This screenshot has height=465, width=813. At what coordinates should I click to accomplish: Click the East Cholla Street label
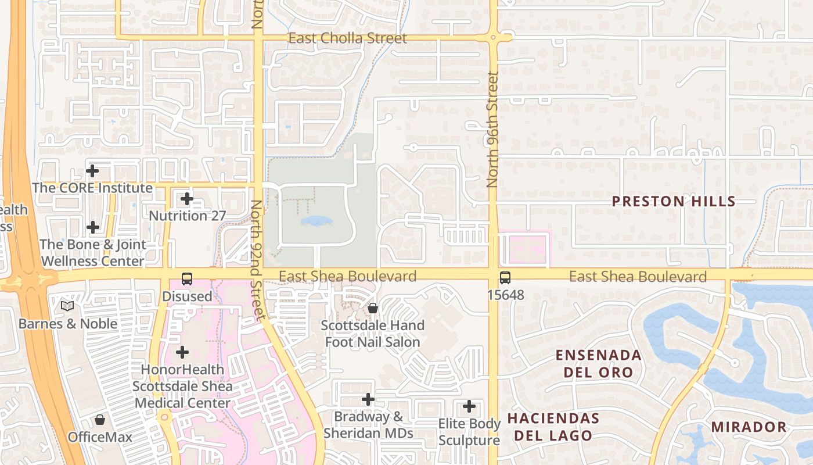click(x=347, y=38)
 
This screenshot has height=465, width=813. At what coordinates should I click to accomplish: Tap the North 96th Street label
click(x=493, y=129)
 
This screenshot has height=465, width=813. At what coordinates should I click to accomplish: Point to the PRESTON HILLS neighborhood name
click(x=674, y=202)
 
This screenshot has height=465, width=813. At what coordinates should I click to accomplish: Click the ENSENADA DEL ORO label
click(x=598, y=363)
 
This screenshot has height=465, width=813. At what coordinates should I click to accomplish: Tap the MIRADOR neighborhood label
click(x=749, y=427)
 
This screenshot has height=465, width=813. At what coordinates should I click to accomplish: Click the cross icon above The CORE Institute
click(x=92, y=171)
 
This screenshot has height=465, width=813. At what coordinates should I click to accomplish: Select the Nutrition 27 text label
click(x=187, y=216)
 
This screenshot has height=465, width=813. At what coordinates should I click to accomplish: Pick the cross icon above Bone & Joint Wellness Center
click(x=92, y=227)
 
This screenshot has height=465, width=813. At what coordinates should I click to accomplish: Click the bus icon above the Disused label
click(x=186, y=278)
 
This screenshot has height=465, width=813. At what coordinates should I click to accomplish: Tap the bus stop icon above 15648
click(x=505, y=278)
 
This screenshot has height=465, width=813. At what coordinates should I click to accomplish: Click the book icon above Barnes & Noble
click(x=67, y=306)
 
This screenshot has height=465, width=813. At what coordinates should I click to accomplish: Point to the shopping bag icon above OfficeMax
click(x=100, y=419)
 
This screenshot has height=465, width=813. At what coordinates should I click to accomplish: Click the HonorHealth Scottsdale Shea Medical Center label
click(x=182, y=386)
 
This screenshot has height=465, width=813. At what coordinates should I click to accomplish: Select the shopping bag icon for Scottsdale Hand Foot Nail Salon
click(x=373, y=307)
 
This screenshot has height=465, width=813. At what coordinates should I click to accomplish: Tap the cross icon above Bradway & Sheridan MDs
click(x=368, y=399)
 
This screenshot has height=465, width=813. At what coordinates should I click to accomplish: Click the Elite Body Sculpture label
click(x=469, y=432)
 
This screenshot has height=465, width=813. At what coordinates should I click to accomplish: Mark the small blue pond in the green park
click(x=316, y=221)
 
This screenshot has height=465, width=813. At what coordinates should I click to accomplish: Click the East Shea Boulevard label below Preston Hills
click(x=638, y=277)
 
